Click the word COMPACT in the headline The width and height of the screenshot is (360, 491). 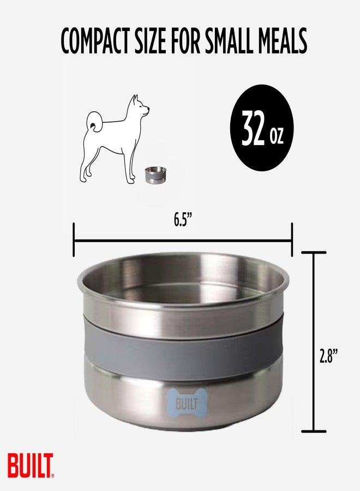coord(95,41)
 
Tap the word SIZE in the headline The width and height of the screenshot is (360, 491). coord(151,41)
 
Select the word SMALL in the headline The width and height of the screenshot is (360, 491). coord(233,41)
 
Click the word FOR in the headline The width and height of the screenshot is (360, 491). coord(185,41)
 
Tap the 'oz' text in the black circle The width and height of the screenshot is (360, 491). coord(277,136)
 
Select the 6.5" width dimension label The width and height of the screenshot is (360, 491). coord(183,220)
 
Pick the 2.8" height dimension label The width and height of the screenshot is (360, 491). coord(329,357)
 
